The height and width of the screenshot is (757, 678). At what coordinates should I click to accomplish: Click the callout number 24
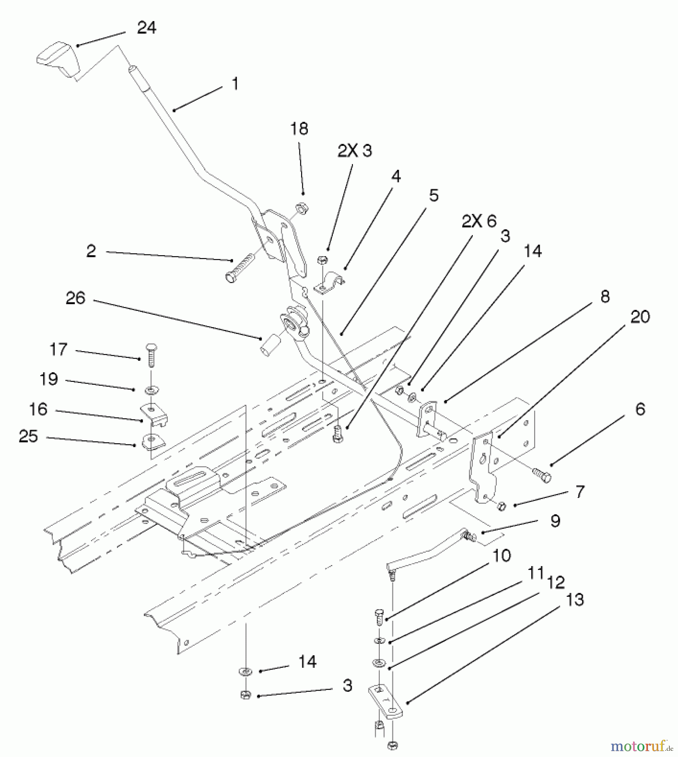(x=146, y=28)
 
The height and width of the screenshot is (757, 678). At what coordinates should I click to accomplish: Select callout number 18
(x=299, y=129)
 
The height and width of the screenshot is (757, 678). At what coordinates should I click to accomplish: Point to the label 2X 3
(x=355, y=151)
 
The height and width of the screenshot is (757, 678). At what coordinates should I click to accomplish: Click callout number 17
(x=58, y=349)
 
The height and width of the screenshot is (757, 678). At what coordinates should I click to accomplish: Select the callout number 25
(x=29, y=436)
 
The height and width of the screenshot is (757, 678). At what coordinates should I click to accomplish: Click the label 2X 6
(x=479, y=221)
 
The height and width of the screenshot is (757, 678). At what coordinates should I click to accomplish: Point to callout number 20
(x=640, y=317)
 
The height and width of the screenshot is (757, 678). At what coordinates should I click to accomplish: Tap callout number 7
(x=580, y=491)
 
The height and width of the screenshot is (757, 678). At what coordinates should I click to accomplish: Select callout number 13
(x=575, y=600)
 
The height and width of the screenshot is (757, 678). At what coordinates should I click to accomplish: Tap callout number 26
(x=75, y=298)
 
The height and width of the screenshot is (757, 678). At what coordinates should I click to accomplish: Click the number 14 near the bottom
(x=307, y=662)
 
